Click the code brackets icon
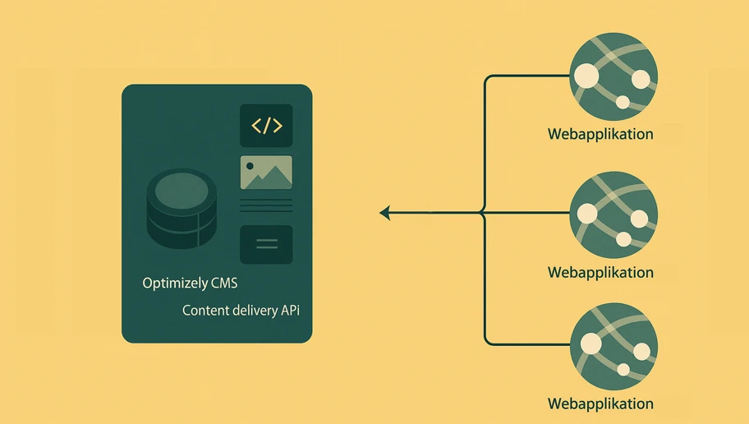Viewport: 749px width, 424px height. (266, 126)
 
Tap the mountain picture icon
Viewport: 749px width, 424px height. (266, 173)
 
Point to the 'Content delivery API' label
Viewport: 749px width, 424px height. (241, 311)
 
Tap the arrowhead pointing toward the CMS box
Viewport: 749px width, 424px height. (384, 214)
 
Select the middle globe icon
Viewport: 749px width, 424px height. (613, 215)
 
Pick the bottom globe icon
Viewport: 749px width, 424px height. (613, 346)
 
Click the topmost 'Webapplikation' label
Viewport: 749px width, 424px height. (600, 135)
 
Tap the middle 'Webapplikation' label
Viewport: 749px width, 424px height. (600, 272)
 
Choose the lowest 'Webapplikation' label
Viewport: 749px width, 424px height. (600, 403)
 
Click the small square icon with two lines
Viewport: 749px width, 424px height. (266, 244)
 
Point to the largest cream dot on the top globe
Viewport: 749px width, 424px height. (586, 76)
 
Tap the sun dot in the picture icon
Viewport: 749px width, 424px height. (250, 166)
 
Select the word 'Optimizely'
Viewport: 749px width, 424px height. (176, 283)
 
